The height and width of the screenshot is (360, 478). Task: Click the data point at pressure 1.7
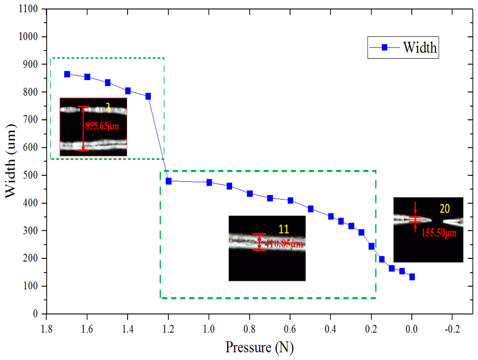67,74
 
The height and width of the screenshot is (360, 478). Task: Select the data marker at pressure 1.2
168,181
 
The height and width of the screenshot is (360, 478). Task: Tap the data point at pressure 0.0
412,277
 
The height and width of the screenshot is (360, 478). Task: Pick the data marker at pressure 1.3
148,96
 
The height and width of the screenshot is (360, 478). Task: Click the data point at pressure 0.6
291,200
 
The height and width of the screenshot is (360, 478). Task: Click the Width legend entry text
420,48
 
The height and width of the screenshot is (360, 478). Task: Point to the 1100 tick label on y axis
31,9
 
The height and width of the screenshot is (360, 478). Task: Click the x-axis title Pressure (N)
259,347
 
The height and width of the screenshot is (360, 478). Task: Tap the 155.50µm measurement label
439,233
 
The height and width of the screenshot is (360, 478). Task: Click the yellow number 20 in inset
444,209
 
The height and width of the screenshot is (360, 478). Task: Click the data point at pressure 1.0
209,183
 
